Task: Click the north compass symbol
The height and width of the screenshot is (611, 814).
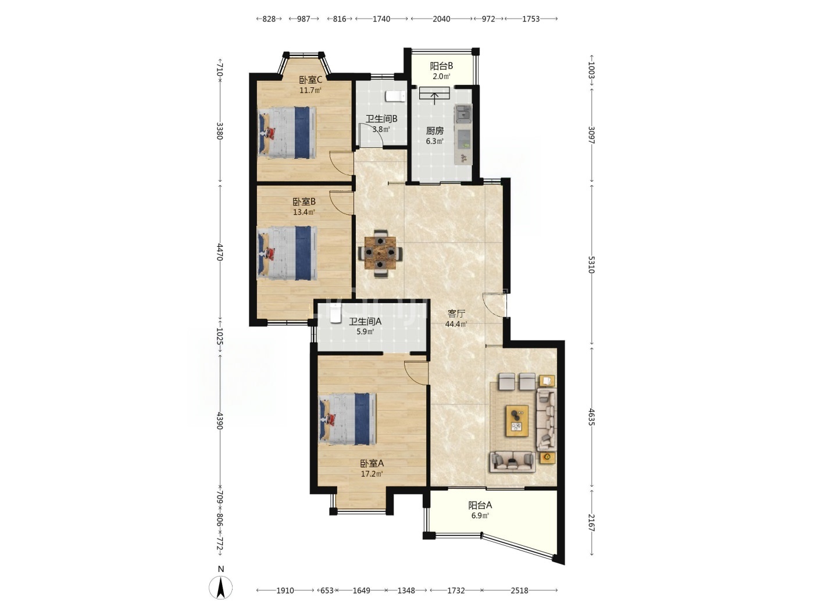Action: (x=220, y=588)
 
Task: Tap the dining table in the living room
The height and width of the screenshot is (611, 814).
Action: (x=380, y=253)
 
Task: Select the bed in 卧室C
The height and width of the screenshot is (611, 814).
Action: (x=287, y=133)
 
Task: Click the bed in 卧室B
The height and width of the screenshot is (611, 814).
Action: (x=287, y=253)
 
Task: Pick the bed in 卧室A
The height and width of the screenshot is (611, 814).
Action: (x=348, y=419)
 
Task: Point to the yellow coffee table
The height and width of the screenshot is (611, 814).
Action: (x=517, y=421)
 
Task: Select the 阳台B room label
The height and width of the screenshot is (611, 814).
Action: (x=441, y=66)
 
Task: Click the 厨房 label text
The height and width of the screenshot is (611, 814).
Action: (x=435, y=131)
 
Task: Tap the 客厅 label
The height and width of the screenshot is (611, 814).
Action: (x=456, y=314)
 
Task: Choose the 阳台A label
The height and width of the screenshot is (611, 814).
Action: (x=480, y=505)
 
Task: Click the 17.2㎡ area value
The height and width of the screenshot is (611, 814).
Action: (x=372, y=474)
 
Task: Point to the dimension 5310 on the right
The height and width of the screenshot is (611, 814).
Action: (x=591, y=265)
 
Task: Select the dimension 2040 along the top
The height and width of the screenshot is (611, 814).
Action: (x=441, y=19)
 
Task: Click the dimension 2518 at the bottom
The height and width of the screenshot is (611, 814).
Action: (x=519, y=591)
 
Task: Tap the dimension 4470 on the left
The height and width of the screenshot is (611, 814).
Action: (x=220, y=253)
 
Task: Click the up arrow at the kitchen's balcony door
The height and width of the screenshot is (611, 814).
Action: (x=434, y=99)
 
